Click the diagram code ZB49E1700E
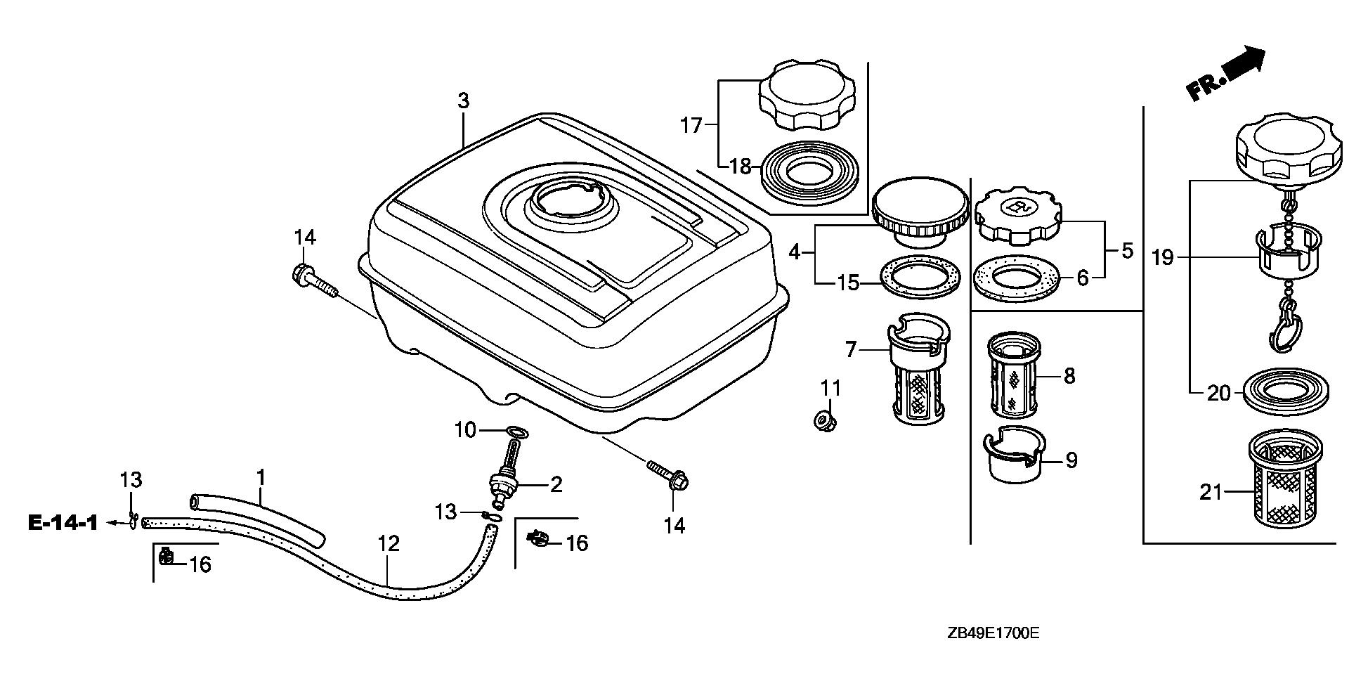[992, 634]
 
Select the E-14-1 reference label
[63, 523]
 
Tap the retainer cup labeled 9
[1014, 457]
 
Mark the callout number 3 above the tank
[463, 101]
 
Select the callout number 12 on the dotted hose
[388, 543]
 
